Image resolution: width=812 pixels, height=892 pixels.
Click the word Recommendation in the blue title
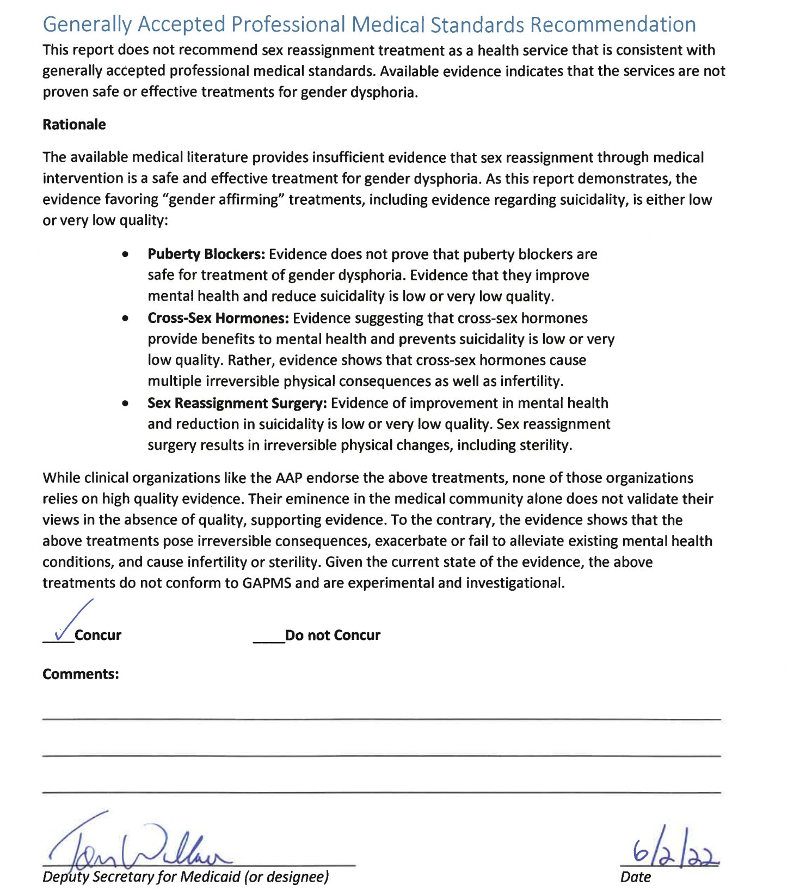pyautogui.click(x=613, y=25)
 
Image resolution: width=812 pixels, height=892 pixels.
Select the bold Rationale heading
pyautogui.click(x=74, y=124)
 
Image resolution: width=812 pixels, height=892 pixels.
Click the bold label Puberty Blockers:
pyautogui.click(x=206, y=254)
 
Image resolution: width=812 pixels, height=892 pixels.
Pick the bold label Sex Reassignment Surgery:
pyautogui.click(x=237, y=403)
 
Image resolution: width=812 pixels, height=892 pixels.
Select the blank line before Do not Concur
pyautogui.click(x=268, y=641)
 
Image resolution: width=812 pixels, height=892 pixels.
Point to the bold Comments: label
pyautogui.click(x=81, y=674)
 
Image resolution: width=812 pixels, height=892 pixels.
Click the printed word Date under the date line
pyautogui.click(x=635, y=877)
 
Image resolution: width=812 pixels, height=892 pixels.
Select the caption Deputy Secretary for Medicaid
pyautogui.click(x=186, y=877)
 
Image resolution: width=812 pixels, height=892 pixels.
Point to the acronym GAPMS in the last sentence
pyautogui.click(x=267, y=583)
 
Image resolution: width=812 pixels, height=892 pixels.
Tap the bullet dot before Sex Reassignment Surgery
pyautogui.click(x=126, y=404)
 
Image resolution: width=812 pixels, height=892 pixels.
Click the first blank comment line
pyautogui.click(x=381, y=719)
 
